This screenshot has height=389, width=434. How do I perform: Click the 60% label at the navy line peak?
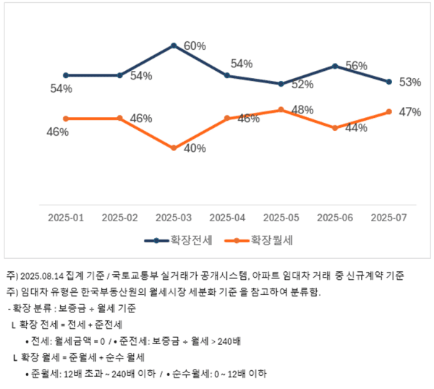pos(195,46)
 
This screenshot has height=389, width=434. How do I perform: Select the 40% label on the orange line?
pos(195,148)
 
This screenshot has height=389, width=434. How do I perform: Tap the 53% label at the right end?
pos(410,82)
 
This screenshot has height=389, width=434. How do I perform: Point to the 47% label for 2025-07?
pos(410,111)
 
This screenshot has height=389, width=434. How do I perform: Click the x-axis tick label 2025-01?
pos(66,217)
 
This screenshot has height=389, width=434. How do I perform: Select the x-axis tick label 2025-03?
pos(174,217)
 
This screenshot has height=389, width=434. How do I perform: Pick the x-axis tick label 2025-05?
pos(281,217)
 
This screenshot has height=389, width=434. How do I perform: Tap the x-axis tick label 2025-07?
pos(389,217)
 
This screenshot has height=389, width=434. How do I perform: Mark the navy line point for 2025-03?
pos(174,45)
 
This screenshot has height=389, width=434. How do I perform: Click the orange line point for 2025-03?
pos(174,148)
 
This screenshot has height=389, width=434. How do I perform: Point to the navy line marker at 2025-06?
pos(336,66)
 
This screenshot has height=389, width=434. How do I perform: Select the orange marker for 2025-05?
pos(281,110)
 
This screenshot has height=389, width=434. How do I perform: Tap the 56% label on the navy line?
pos(357,65)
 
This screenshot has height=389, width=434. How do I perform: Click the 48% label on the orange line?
pos(302,110)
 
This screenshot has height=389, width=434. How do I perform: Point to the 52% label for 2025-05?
pos(302,85)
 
